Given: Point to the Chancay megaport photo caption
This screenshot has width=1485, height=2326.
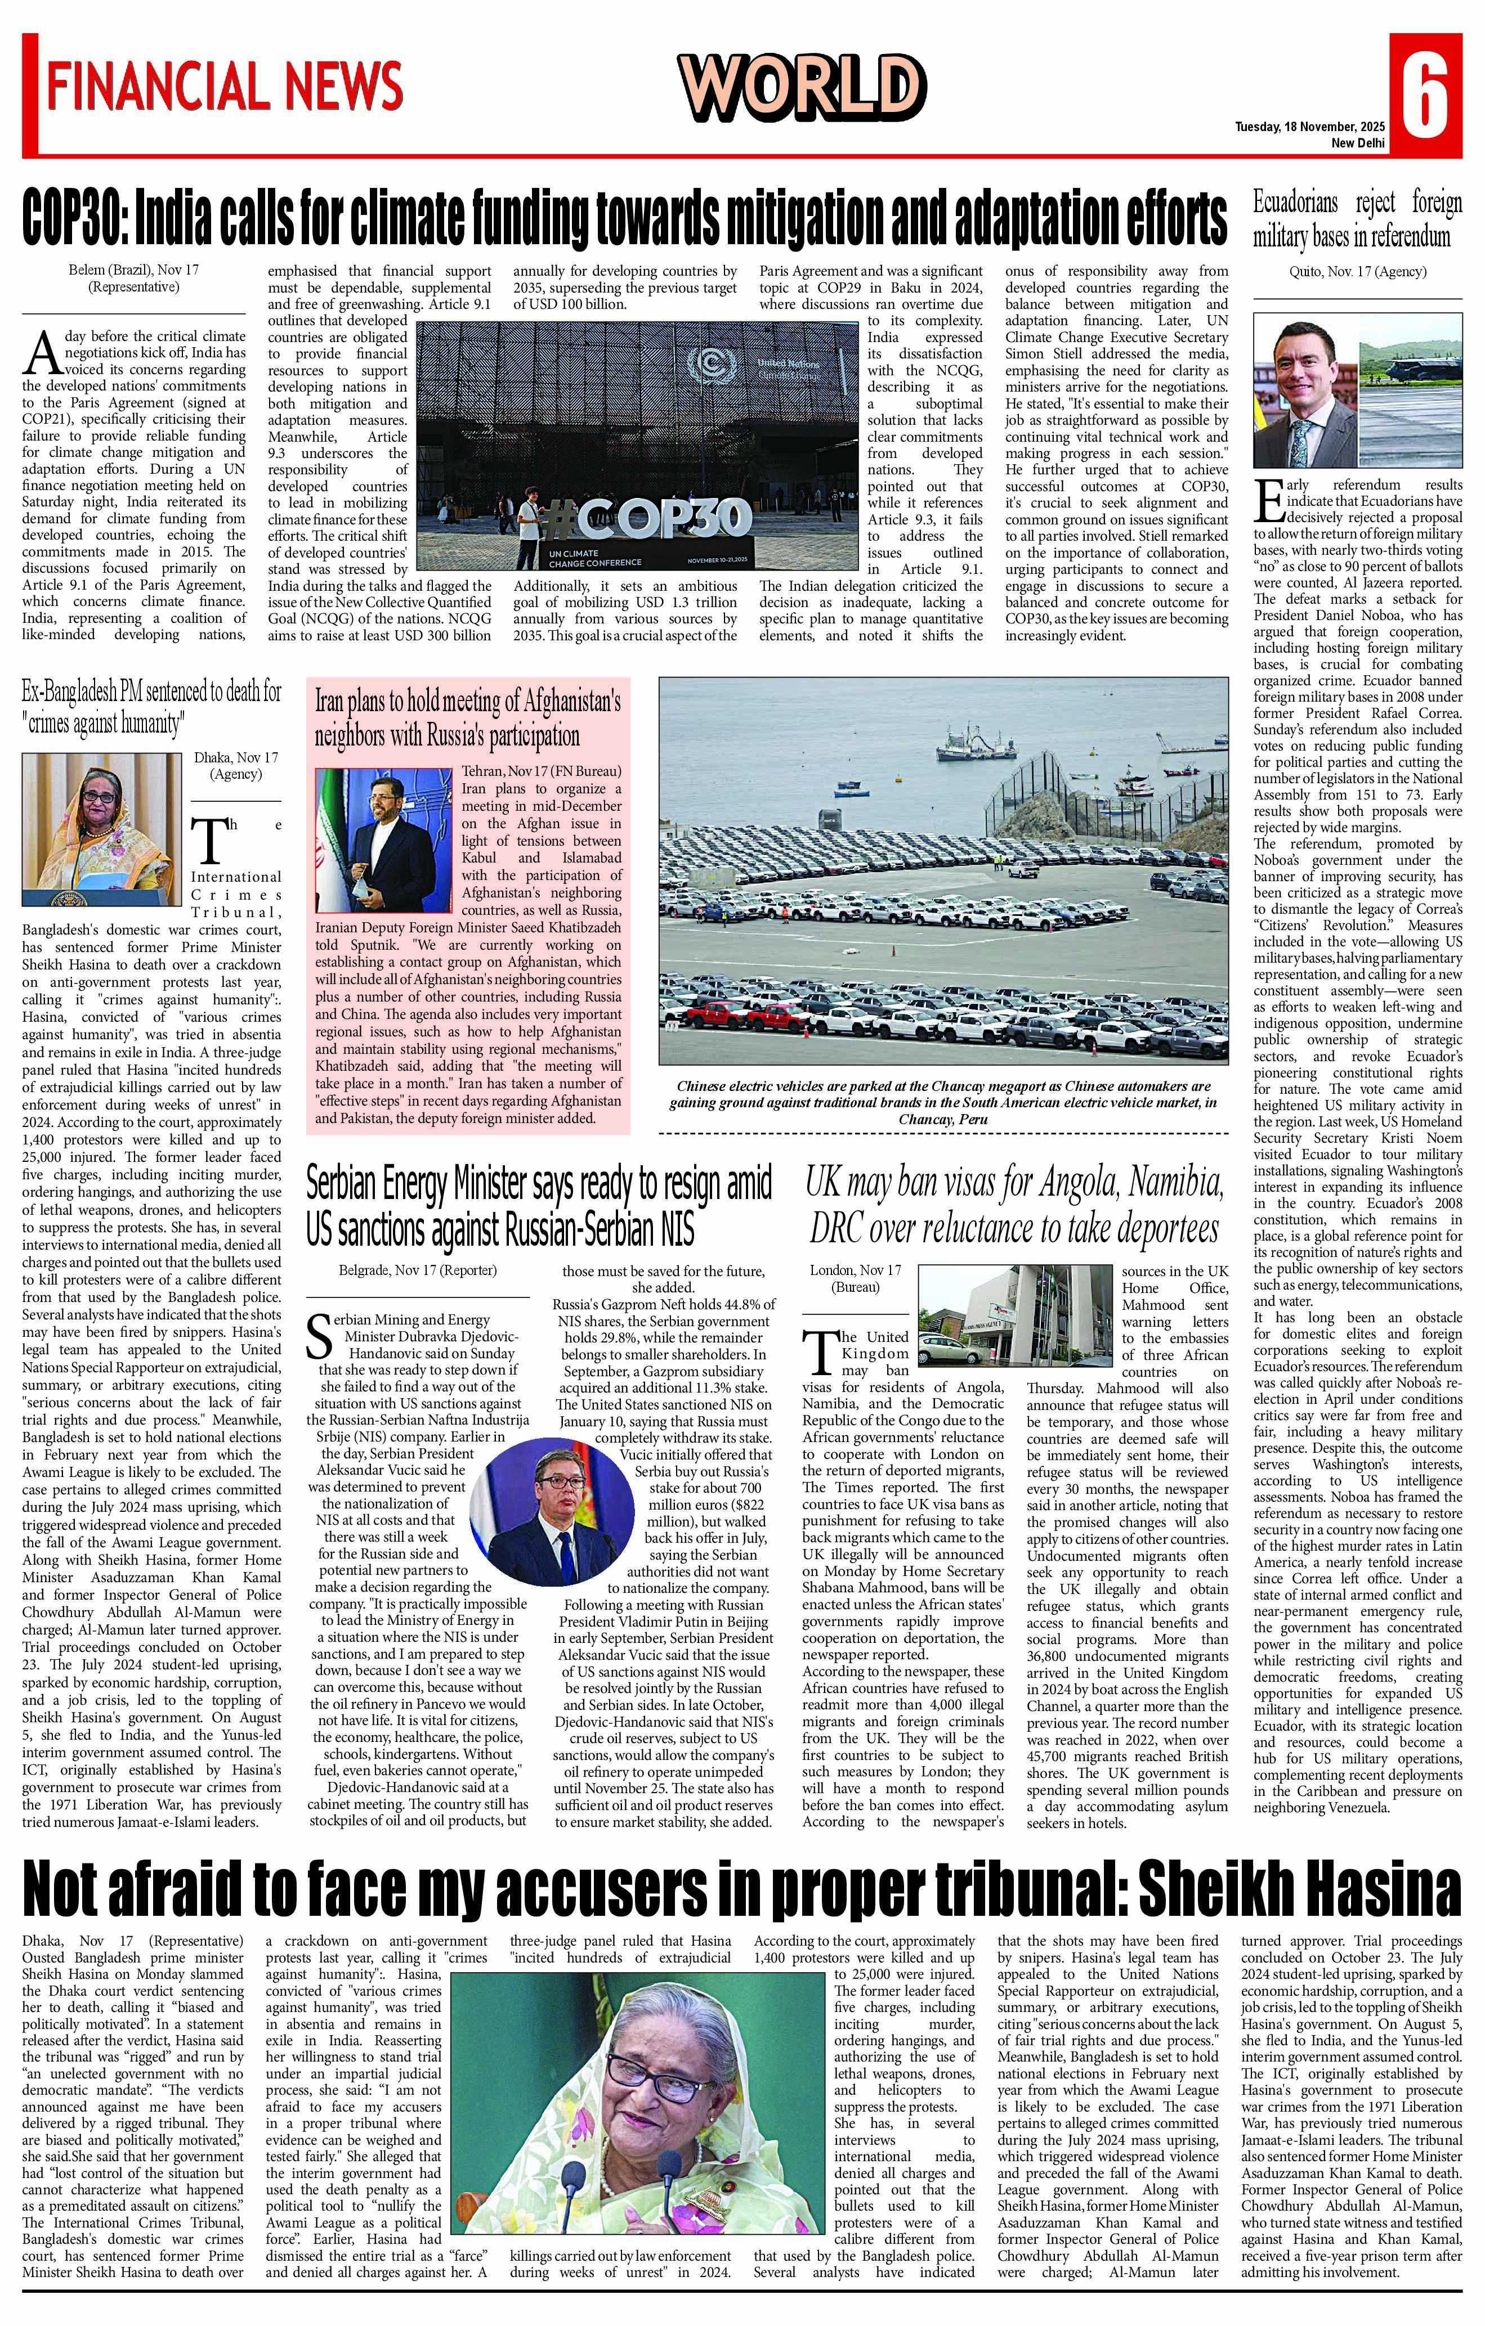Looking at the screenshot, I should click(943, 1102).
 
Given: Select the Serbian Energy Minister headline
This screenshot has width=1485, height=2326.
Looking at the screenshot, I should click(539, 1206).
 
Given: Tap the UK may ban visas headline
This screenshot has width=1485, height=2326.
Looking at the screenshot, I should click(1014, 1206).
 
